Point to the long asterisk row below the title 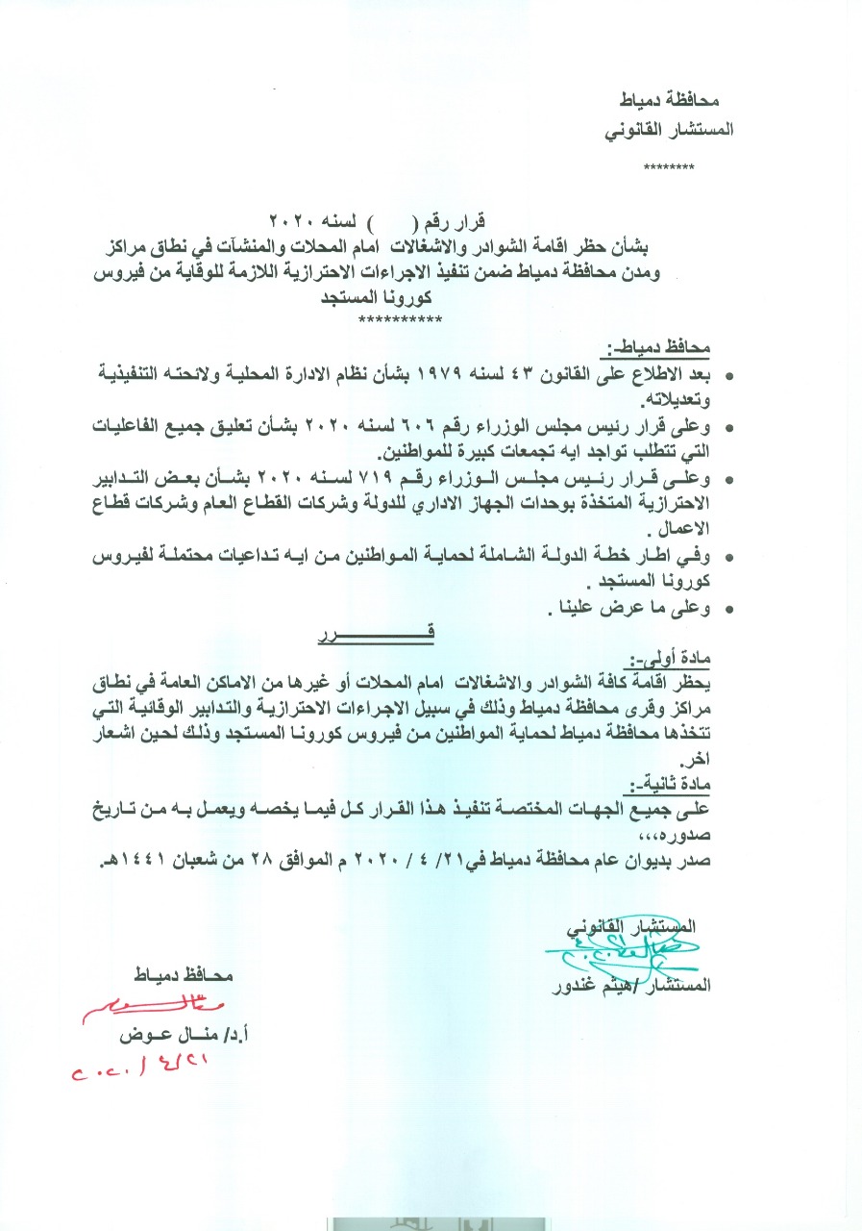pos(399,319)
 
